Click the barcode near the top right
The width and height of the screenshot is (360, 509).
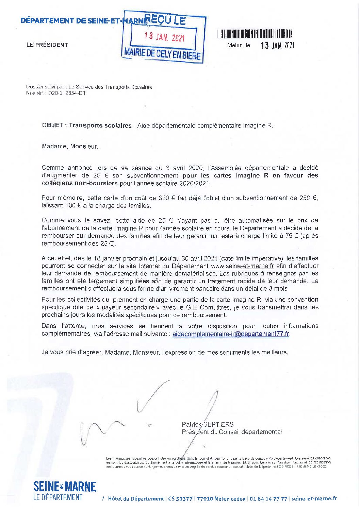(254, 34)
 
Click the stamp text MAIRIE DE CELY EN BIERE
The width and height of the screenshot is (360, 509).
(162, 54)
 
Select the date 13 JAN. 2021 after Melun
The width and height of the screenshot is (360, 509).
(277, 46)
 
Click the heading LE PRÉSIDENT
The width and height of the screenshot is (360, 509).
(47, 45)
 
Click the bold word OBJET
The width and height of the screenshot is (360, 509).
(52, 125)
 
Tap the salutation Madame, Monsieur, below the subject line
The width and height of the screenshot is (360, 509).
(70, 147)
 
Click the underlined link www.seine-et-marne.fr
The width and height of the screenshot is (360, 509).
(242, 266)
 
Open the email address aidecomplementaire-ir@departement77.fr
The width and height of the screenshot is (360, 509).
(231, 334)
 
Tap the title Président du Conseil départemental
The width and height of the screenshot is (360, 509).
(232, 432)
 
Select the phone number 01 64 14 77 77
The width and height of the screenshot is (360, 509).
(268, 499)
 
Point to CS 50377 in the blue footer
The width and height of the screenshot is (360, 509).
(180, 499)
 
